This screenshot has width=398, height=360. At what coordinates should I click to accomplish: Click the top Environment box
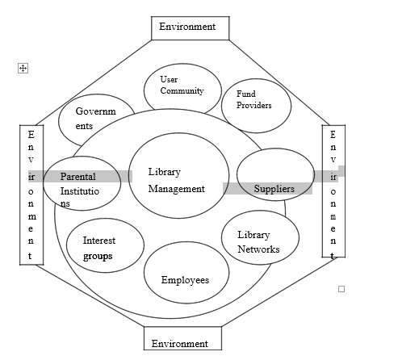(187, 27)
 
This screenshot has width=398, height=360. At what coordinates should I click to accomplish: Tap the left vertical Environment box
(31, 195)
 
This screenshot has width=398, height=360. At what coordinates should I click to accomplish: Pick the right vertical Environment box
(333, 191)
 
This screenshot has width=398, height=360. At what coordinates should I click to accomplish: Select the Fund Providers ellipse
(253, 104)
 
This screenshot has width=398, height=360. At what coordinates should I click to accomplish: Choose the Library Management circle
(176, 181)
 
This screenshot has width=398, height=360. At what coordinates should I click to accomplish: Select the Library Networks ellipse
(259, 238)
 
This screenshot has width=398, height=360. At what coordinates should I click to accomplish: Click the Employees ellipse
(185, 275)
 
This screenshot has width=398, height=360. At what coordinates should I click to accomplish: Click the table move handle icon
(23, 69)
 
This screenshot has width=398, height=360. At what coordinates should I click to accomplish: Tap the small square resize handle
(341, 288)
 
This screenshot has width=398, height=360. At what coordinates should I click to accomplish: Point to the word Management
(177, 189)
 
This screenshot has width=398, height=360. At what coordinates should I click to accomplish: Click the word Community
(182, 91)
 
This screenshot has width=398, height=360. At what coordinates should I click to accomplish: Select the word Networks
(258, 249)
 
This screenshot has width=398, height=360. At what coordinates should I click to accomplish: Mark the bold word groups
(98, 256)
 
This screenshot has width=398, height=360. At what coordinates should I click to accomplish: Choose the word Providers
(253, 105)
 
